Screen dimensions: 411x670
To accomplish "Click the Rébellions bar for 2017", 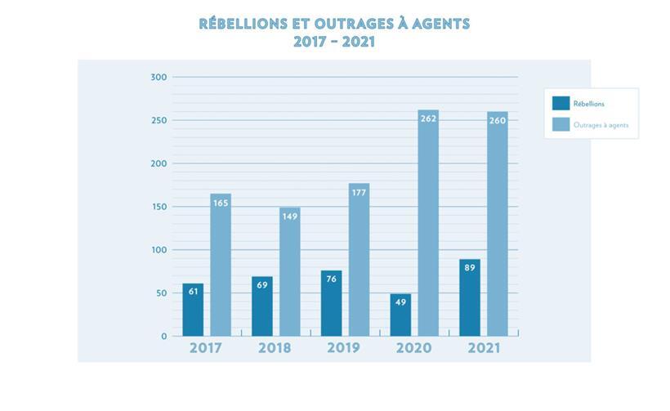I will (x=193, y=310).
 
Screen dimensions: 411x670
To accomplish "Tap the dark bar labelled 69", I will (x=262, y=307).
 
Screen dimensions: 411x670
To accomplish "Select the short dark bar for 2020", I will (x=400, y=315).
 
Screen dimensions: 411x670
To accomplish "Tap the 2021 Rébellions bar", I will (x=470, y=298).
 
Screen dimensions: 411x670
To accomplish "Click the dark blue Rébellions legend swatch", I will (x=561, y=104).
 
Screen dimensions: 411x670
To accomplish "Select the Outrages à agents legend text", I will (x=601, y=126).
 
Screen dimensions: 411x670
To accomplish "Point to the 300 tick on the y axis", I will (x=159, y=78).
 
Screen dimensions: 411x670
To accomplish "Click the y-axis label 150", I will (x=159, y=207).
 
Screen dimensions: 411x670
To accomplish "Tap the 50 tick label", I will (x=161, y=293).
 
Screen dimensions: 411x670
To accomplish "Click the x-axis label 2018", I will (x=275, y=348).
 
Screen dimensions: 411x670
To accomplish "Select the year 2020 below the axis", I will (x=413, y=348).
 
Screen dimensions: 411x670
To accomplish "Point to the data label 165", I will (x=221, y=203).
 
